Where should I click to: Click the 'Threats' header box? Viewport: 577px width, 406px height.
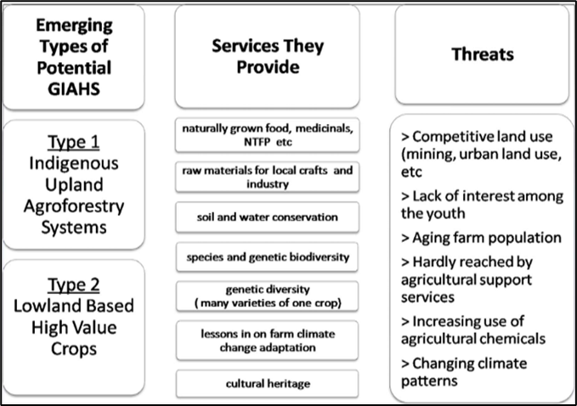(482, 54)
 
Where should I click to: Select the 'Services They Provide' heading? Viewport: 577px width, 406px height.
(268, 56)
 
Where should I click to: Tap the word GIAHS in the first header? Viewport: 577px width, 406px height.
(74, 89)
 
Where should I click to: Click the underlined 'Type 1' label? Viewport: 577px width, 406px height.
(74, 142)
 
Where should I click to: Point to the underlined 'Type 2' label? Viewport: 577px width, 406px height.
(74, 285)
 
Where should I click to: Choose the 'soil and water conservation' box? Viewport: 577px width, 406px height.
(267, 217)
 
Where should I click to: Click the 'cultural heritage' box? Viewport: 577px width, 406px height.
(267, 384)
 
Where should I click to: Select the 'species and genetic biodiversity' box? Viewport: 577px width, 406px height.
(267, 257)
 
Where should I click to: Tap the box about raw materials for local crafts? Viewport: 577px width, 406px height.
(267, 177)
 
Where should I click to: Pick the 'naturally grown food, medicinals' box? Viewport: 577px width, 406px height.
(267, 134)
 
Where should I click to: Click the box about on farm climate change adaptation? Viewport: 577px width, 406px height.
(267, 340)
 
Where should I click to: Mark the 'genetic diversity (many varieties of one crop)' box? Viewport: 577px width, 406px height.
(267, 296)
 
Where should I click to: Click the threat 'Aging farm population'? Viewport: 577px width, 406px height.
(481, 238)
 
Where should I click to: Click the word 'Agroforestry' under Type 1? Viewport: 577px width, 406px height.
(74, 206)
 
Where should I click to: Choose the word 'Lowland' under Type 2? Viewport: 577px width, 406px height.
(38, 306)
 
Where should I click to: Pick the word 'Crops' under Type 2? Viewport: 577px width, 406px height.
(74, 349)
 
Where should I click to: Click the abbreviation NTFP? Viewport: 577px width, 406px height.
(257, 142)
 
